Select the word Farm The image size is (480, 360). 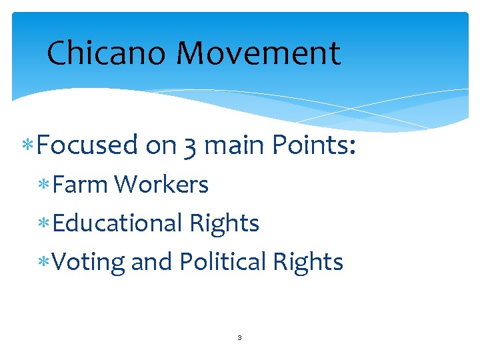(79, 185)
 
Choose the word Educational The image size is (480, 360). (117, 223)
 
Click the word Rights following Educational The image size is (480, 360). (225, 224)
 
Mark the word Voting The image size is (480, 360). (88, 263)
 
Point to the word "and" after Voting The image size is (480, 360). (151, 262)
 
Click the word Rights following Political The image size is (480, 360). (309, 263)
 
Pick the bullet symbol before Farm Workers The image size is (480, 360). (45, 185)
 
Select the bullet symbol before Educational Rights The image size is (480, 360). (45, 224)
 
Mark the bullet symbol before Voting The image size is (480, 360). (45, 263)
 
